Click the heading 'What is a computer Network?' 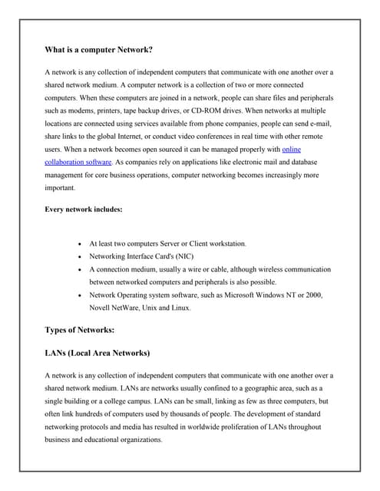pyautogui.click(x=98, y=50)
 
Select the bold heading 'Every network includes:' pyautogui.click(x=83, y=209)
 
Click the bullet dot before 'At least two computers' pyautogui.click(x=81, y=244)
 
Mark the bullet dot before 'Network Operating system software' pyautogui.click(x=81, y=295)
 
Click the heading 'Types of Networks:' pyautogui.click(x=80, y=330)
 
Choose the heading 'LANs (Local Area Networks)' pyautogui.click(x=97, y=354)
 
